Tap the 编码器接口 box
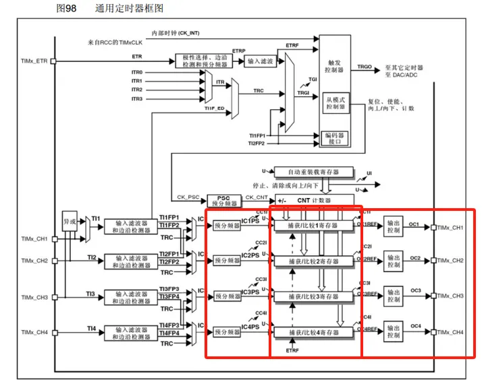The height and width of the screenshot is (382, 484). click(335, 138)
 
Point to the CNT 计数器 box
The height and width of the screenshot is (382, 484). click(315, 200)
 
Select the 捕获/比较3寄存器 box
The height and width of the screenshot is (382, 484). click(313, 296)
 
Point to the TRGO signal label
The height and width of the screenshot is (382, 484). click(365, 67)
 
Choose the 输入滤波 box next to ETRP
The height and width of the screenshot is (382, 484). click(261, 61)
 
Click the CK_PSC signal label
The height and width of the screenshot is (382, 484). click(184, 197)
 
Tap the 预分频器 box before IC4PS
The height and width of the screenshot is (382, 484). click(226, 332)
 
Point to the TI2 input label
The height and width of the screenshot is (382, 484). click(91, 257)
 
